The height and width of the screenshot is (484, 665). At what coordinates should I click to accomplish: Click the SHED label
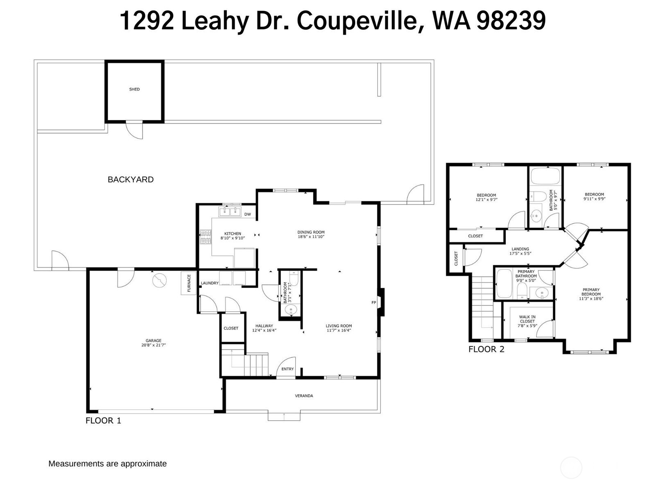click(134, 89)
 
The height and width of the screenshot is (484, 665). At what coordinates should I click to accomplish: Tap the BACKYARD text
click(130, 180)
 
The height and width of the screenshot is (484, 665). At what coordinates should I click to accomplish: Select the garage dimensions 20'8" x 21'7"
click(154, 345)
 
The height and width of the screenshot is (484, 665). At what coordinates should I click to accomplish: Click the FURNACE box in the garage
click(189, 283)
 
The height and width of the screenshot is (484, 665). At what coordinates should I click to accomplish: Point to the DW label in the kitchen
click(247, 214)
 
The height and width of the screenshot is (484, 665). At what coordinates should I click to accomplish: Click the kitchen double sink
click(230, 212)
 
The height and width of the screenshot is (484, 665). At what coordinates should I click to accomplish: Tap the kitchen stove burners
click(206, 237)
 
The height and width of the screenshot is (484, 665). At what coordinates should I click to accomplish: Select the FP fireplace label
click(373, 302)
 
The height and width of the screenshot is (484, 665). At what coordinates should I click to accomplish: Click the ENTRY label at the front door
click(287, 369)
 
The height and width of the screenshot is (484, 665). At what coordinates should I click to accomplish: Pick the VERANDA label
click(304, 396)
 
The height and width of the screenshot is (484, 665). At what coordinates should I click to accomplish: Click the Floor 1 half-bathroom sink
click(291, 309)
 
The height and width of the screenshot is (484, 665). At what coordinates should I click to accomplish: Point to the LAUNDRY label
click(209, 283)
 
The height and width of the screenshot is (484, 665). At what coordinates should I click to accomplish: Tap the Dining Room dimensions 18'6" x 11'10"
click(311, 237)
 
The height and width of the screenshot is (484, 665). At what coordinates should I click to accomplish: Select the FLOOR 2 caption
click(486, 349)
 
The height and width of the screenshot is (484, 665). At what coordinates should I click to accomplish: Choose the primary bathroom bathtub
click(504, 284)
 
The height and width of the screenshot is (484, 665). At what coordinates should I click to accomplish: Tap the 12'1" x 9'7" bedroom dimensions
click(486, 200)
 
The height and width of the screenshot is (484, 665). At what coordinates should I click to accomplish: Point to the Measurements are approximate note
click(107, 464)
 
